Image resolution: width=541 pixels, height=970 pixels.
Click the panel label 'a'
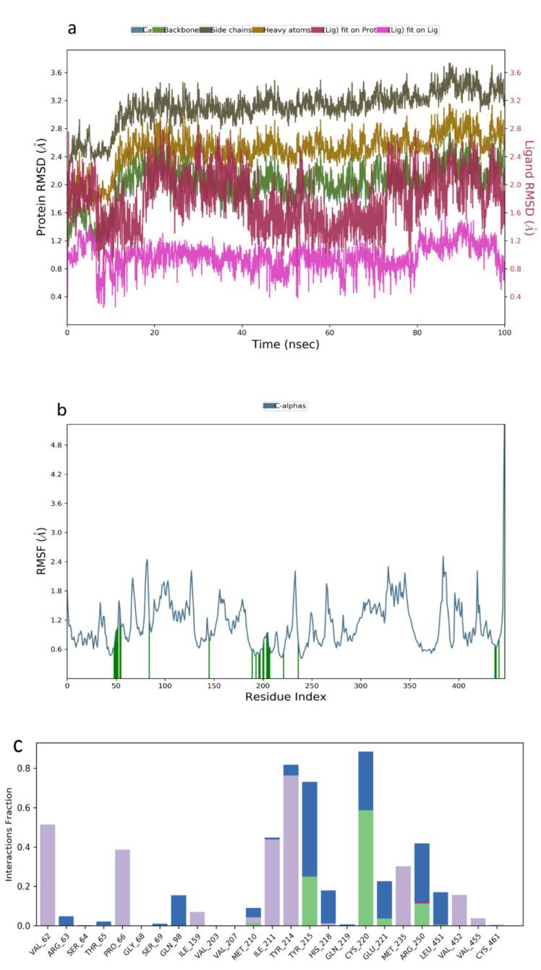[x=72, y=28]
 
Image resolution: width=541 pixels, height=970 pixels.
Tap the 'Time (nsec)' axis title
[x=285, y=345]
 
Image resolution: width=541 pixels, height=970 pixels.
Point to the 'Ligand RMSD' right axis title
[x=529, y=187]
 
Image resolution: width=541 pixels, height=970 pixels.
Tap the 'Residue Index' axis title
[x=285, y=697]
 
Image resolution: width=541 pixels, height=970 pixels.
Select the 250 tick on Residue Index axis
[x=312, y=684]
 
